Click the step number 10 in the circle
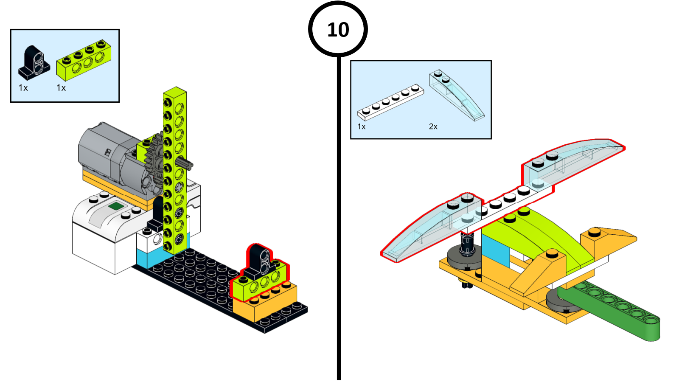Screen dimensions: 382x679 point(338,30)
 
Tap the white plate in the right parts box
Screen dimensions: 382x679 point(390,102)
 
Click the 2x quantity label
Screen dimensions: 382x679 point(433,126)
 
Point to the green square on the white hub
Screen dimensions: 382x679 point(116,206)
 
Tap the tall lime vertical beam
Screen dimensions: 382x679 point(174,170)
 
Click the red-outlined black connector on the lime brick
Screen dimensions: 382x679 point(259,259)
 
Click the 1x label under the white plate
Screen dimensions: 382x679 point(361,126)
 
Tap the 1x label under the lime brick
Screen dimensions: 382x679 point(61,88)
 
